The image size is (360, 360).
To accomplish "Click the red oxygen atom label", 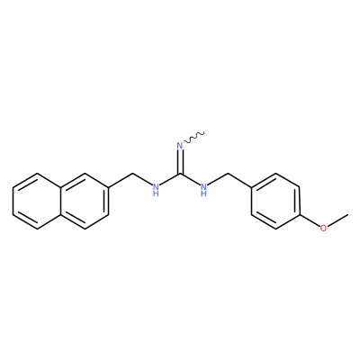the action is [323, 229].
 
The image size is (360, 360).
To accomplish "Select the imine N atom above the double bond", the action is [180, 146].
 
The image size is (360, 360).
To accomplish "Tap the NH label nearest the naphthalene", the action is [156, 190].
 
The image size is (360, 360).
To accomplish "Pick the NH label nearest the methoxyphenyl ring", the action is [203, 190].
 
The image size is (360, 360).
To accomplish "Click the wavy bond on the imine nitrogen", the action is [194, 137].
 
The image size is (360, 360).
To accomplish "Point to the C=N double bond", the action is [180, 161].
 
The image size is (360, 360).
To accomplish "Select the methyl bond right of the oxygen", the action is [337, 220].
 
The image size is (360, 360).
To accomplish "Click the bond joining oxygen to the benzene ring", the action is [310, 220].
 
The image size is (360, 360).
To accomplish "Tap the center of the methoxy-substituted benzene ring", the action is [275, 201].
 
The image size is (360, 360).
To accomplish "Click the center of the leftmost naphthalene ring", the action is [37, 201].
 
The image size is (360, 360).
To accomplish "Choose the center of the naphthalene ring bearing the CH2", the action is [85, 201].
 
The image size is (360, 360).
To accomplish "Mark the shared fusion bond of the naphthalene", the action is [60, 201].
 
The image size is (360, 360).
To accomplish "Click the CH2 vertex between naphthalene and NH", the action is [132, 174].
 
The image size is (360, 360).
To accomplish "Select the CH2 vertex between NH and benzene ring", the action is [228, 174].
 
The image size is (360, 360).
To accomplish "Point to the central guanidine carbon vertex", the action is [180, 174].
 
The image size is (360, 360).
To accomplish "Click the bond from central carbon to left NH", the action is [170, 179].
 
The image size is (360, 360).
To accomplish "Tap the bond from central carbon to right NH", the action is [190, 179].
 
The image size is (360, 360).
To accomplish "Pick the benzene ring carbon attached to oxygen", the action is [300, 215].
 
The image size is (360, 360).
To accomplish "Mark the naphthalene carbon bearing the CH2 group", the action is [108, 187].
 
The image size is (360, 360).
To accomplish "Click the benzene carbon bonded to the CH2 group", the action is [251, 187].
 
